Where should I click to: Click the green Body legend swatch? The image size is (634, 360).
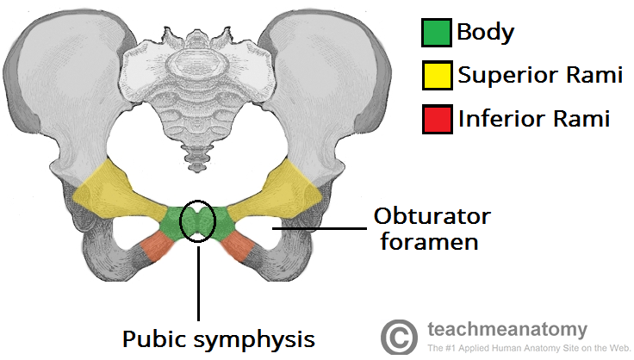coord(434,34)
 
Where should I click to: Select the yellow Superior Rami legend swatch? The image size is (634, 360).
coord(434,76)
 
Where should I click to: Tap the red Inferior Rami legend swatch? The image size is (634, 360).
coord(434,118)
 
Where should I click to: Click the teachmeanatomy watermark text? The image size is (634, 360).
coord(507,329)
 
